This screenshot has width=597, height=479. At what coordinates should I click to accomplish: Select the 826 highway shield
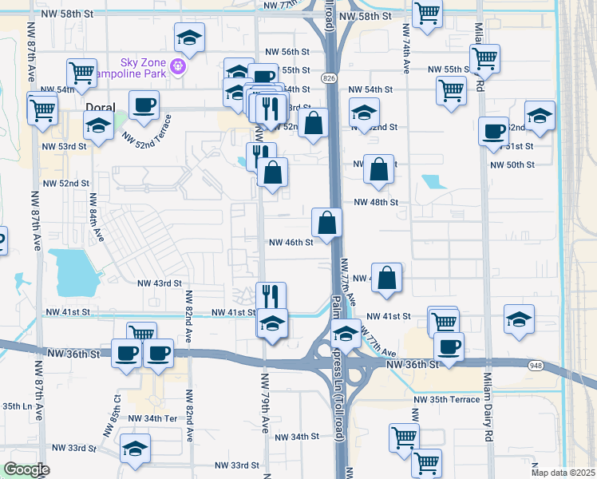329,77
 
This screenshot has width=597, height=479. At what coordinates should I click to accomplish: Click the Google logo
26,469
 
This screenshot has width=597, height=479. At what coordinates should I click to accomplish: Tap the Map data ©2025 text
563,473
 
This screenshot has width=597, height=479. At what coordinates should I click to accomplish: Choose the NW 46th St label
291,242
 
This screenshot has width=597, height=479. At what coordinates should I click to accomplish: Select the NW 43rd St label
160,283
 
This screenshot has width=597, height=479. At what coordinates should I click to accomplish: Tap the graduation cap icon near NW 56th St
189,37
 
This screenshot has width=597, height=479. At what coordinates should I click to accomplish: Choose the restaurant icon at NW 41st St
271,296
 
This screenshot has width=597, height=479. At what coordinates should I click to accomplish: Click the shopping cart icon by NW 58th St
427,13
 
